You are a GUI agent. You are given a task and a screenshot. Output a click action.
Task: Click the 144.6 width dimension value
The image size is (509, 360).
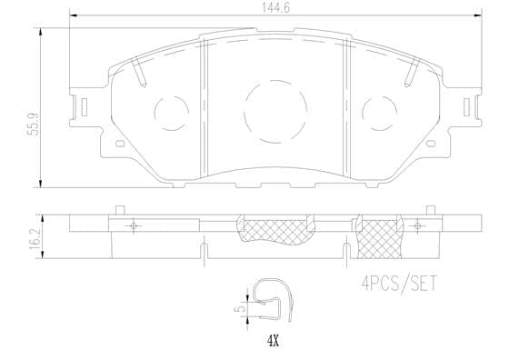[271, 8]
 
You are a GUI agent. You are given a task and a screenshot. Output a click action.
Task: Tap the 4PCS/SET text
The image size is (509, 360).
[392, 285]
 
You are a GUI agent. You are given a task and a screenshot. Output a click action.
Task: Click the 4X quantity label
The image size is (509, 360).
[272, 342]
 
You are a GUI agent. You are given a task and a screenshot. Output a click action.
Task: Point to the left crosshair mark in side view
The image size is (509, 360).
[133, 225]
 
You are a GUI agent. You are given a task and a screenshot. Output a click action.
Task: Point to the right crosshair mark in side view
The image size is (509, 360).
[417, 225]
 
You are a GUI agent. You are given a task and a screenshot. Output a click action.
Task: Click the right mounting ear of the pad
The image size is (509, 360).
[472, 107]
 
